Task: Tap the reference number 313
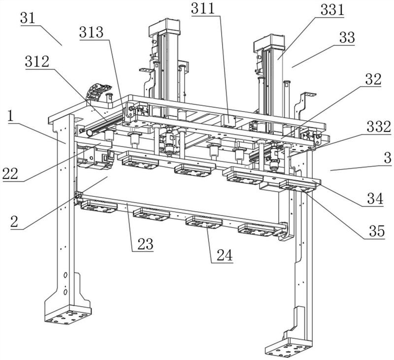93,33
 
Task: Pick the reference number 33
347,38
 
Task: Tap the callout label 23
144,244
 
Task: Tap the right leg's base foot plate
288,348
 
